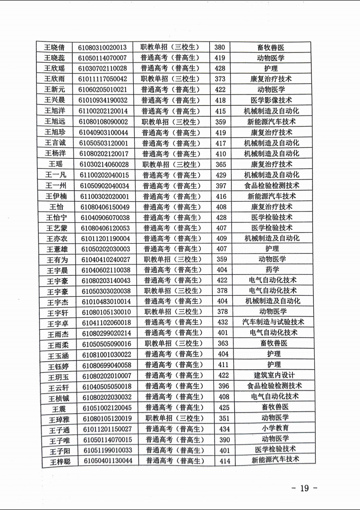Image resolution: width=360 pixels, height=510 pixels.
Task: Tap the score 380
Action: (x=220, y=47)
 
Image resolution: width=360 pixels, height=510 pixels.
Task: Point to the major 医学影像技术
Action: (x=271, y=100)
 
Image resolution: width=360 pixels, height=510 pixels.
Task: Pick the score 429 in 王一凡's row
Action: (x=221, y=175)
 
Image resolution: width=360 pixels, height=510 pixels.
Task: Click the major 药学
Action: (x=273, y=270)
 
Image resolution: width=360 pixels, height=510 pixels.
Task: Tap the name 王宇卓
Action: (x=58, y=323)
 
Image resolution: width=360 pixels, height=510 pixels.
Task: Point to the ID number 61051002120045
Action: (x=107, y=408)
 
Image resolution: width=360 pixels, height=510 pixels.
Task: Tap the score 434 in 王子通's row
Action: (x=224, y=429)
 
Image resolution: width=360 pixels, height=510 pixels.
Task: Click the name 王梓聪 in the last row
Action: (x=60, y=461)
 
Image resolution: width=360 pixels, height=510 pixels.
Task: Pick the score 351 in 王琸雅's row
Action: (x=224, y=418)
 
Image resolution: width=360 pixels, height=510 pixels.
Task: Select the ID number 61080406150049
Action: (x=105, y=206)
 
